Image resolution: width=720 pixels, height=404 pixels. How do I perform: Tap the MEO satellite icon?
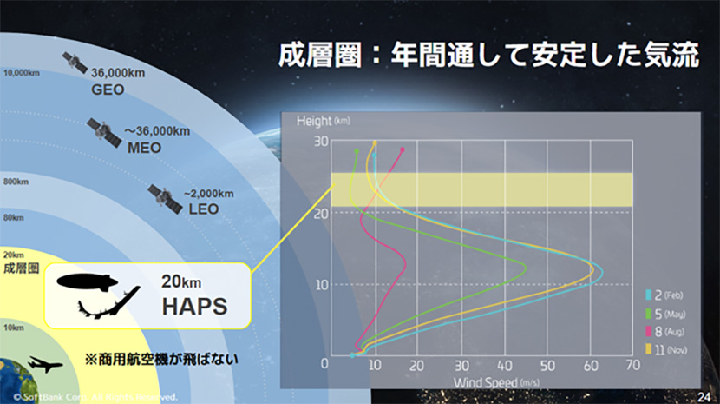[x=103, y=132]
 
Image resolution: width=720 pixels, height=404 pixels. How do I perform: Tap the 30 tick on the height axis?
[x=320, y=142]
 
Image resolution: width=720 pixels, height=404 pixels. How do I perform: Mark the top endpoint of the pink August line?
[x=403, y=149]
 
